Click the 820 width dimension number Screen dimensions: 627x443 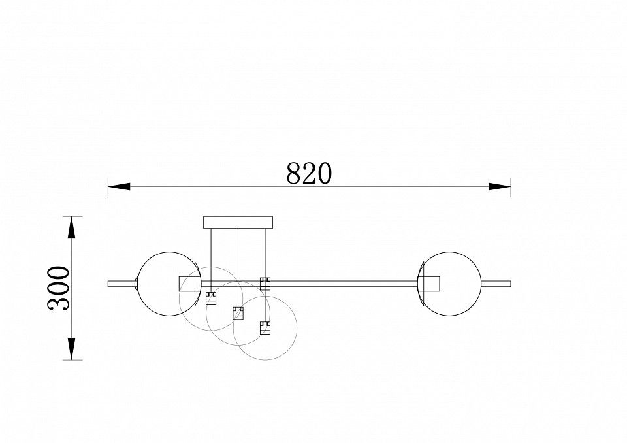point(309,173)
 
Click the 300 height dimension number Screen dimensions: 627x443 point(59,287)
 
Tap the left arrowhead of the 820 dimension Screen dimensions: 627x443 point(119,186)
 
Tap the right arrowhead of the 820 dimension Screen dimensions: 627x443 point(500,186)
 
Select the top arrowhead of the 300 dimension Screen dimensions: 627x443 point(71,227)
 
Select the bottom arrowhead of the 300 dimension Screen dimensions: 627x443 point(71,348)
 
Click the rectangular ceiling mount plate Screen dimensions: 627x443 point(238,222)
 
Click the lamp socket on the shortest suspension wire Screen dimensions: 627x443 point(211,299)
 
